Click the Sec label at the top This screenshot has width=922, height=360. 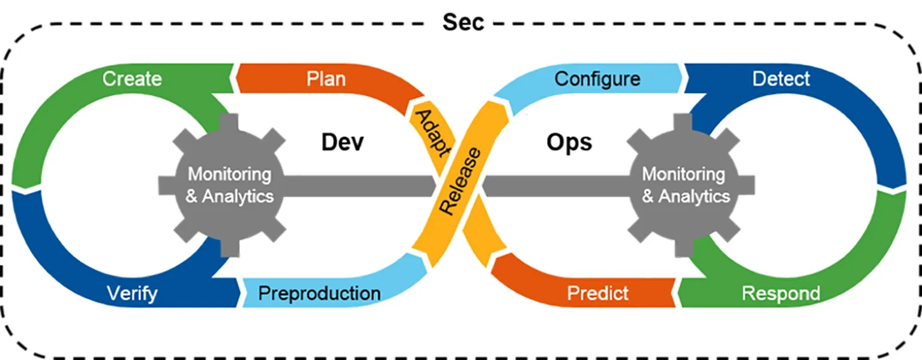[463, 22]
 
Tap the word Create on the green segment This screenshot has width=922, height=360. [132, 79]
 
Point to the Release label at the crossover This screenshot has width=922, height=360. [460, 181]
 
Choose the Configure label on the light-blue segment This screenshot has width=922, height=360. [597, 79]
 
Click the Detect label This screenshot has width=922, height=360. [781, 79]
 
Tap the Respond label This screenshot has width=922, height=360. [781, 293]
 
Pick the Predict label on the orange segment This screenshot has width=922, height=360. [597, 293]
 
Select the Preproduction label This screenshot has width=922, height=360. [319, 293]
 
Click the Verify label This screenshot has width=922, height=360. [132, 293]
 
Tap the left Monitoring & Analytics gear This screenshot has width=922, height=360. [229, 185]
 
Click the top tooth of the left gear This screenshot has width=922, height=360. [229, 120]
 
